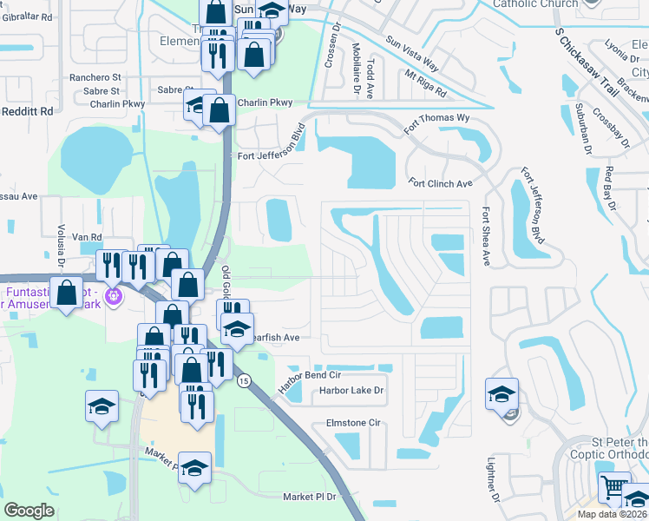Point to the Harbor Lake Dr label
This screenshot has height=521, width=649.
(x=351, y=391)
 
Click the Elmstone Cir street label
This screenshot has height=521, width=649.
(x=353, y=423)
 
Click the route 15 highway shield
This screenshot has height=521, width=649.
(x=244, y=381)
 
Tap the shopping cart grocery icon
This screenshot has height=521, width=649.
(x=613, y=488)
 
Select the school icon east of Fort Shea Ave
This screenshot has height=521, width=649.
(x=502, y=395)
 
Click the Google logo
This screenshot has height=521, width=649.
(x=29, y=511)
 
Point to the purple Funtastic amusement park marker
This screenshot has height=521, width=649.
(x=112, y=298)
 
